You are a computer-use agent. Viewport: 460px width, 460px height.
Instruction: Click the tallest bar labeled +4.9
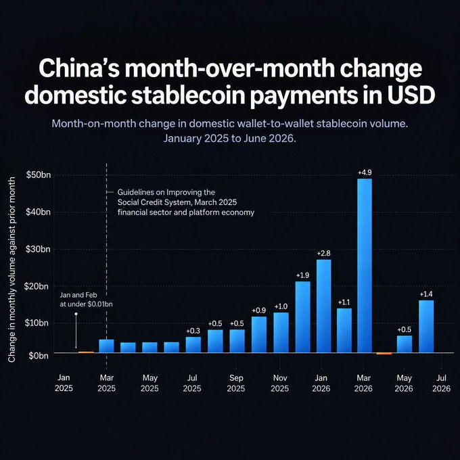click(x=365, y=265)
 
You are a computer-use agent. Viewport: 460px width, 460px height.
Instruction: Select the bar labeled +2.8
click(x=324, y=306)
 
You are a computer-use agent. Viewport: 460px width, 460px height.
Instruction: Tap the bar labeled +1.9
click(x=303, y=317)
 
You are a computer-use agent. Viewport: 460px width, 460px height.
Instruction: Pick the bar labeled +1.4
click(x=426, y=327)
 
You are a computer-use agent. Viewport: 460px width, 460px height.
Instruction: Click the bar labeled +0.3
click(x=193, y=345)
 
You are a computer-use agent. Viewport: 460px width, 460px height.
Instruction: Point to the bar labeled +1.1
click(x=344, y=331)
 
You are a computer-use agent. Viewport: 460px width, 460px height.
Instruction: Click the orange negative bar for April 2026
click(x=384, y=354)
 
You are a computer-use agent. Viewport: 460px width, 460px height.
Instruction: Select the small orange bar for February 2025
click(x=87, y=352)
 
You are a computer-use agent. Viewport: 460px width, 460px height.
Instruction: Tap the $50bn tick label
click(x=39, y=175)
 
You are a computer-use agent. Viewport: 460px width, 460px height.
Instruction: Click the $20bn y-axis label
click(x=36, y=286)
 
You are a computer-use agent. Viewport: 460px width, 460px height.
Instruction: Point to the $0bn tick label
click(x=39, y=356)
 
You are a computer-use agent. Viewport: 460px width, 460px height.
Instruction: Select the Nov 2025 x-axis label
click(x=280, y=383)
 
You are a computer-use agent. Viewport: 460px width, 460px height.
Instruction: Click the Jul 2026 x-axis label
click(x=441, y=383)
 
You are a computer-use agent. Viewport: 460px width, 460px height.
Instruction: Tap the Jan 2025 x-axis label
click(x=64, y=383)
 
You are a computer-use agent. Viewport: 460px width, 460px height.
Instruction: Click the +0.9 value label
click(x=259, y=310)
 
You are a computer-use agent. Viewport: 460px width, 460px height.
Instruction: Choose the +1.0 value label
click(x=281, y=306)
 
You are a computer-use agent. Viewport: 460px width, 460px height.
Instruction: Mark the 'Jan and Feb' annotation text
click(x=78, y=295)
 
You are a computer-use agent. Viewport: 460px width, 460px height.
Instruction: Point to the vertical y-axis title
click(x=11, y=269)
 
